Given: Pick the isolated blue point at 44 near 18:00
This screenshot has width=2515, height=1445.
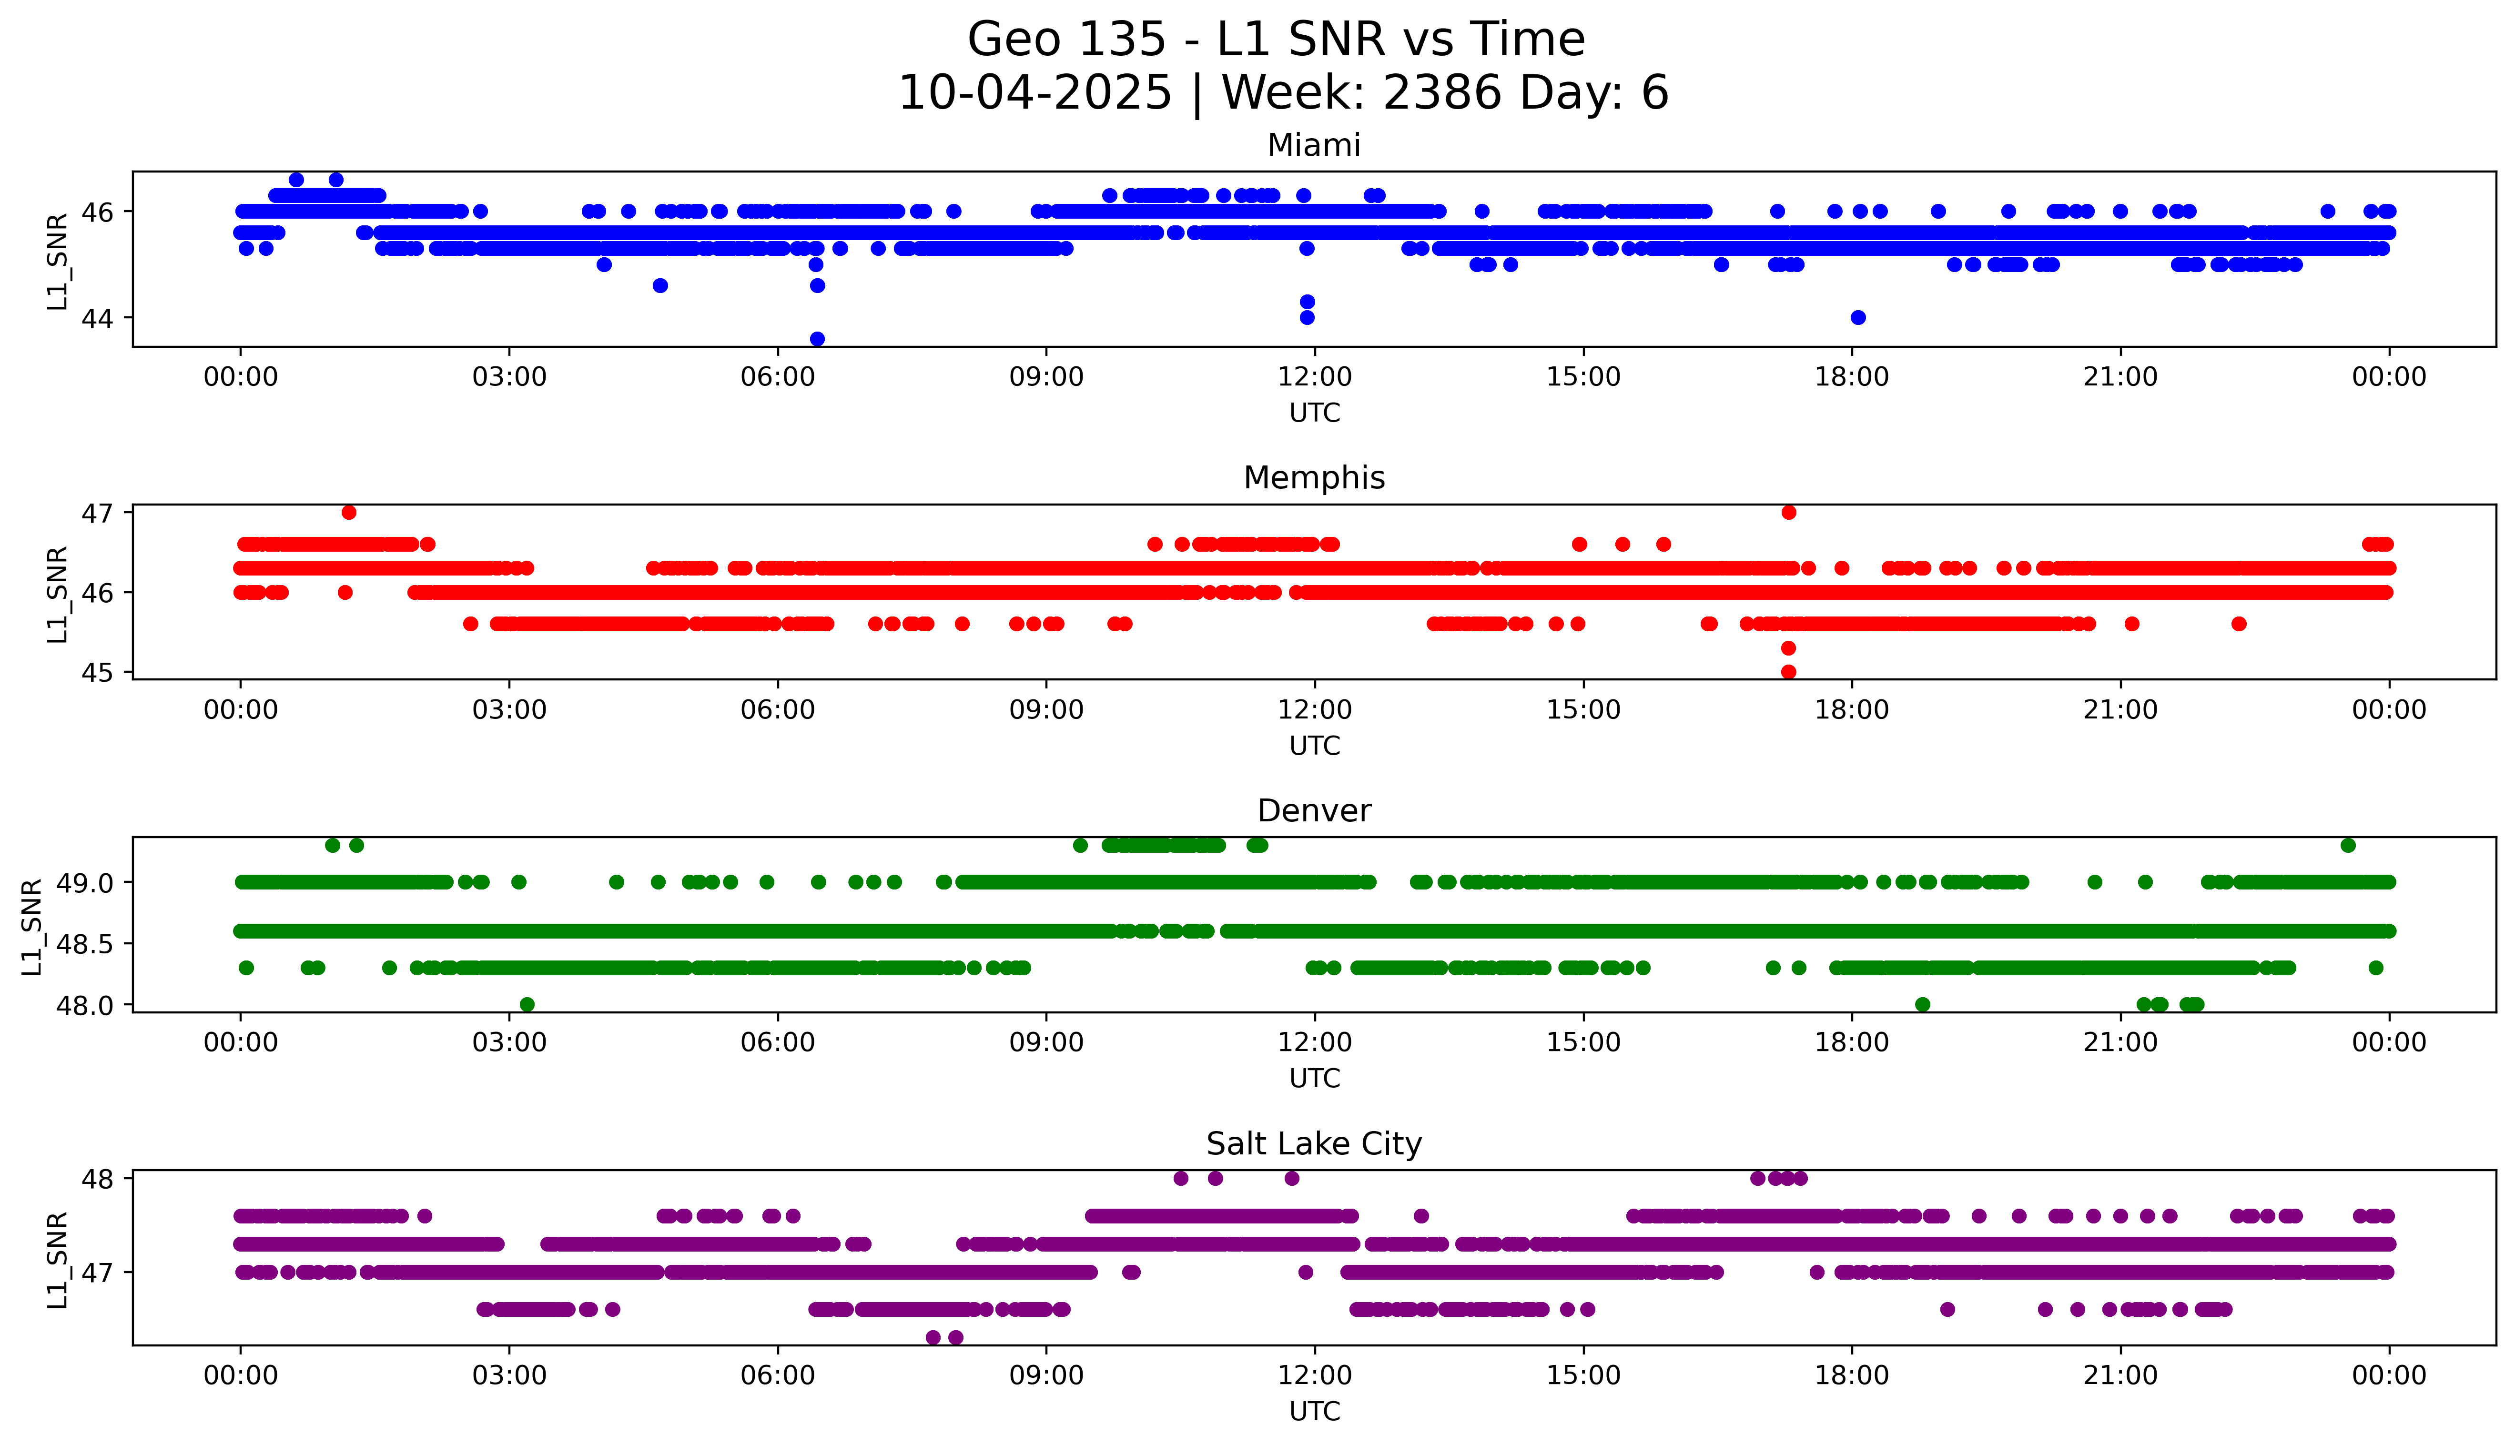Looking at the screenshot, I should pos(1858,318).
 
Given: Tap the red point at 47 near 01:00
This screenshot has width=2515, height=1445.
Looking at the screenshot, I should pos(348,512).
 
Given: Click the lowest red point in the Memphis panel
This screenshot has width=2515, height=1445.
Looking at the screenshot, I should pos(1788,672).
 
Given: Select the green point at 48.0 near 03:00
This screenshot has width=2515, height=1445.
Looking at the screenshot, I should pos(527,1004).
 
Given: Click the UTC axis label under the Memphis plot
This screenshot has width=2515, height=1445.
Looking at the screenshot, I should pos(1314,745).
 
